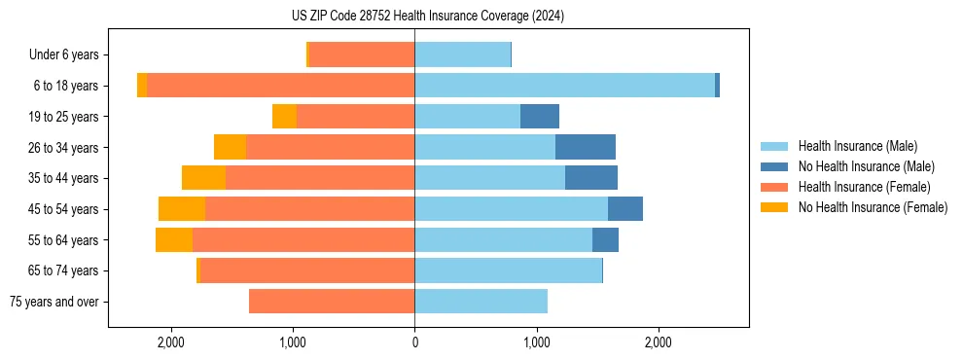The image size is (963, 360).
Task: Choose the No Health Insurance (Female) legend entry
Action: [873, 207]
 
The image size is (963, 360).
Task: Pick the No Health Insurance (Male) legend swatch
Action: [776, 166]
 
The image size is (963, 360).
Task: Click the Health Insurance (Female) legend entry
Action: [864, 187]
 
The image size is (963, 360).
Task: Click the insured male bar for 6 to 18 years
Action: [564, 86]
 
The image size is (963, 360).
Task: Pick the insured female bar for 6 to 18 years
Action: [280, 86]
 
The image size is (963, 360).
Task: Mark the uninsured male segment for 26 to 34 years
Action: [585, 147]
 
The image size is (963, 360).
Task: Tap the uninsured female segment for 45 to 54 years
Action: [182, 209]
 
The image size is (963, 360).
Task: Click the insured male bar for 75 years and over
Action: [481, 302]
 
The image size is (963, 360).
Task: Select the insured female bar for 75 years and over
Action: [332, 302]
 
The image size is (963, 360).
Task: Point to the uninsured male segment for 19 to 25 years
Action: [540, 117]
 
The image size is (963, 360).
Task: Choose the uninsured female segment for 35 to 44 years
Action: [203, 178]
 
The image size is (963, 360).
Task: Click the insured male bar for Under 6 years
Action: [462, 55]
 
